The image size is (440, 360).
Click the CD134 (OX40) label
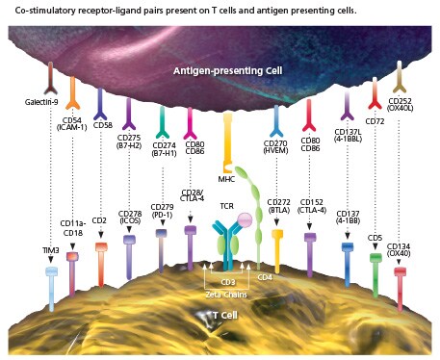click(404, 249)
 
